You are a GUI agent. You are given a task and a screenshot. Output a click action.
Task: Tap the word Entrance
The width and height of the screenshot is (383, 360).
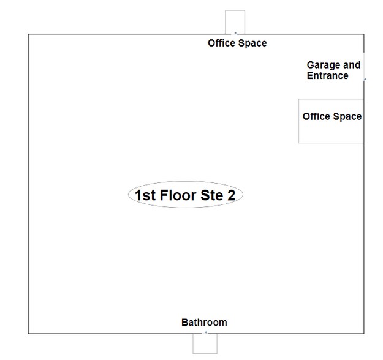[328, 76]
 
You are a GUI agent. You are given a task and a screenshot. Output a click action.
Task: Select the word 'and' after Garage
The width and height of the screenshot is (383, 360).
[352, 65]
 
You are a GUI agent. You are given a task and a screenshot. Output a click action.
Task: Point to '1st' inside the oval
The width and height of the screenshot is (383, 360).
[145, 195]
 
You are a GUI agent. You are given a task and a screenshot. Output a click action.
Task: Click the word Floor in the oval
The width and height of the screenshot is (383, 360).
[178, 195]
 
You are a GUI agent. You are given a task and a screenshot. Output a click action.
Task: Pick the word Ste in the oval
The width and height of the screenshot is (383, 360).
[211, 195]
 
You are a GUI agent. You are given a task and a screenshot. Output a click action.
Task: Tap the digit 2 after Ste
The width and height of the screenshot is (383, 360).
[231, 195]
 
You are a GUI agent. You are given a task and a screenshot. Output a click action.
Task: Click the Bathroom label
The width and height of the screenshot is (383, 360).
[204, 323]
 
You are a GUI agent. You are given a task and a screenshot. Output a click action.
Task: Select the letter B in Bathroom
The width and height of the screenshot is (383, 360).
[184, 323]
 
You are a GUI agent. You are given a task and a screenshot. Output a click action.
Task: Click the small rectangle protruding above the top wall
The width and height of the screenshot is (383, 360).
[235, 10]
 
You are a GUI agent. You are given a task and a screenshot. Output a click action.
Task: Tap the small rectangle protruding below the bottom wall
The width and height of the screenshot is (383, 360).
[205, 353]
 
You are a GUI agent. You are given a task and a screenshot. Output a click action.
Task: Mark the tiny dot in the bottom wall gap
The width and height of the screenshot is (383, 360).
[206, 332]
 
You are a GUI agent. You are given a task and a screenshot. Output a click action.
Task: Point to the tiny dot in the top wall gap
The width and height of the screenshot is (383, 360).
[235, 32]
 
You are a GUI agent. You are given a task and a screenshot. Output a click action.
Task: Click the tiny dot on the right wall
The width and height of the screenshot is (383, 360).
[365, 79]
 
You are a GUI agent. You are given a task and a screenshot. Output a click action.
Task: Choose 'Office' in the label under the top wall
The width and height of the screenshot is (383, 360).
[222, 43]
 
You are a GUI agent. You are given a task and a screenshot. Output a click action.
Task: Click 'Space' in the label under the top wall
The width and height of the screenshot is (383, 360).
[252, 43]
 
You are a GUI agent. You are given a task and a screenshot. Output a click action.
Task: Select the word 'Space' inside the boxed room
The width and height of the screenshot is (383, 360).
[347, 117]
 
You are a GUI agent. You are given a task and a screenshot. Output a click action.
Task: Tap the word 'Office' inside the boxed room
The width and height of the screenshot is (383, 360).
[316, 116]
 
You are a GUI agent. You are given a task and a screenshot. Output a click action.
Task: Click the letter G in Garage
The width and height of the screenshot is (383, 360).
[310, 65]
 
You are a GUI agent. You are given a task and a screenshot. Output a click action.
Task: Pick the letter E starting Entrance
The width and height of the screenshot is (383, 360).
[309, 76]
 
